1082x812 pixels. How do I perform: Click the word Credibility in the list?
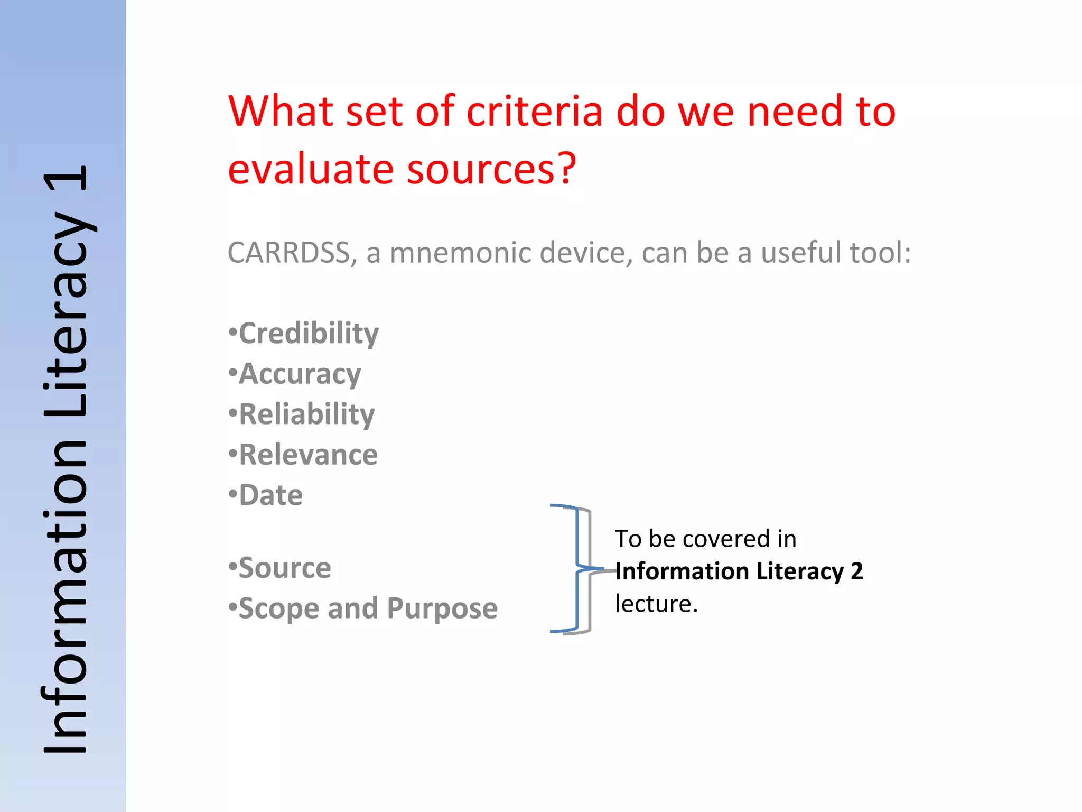[x=309, y=334]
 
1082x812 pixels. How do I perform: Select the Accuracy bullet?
[x=300, y=374]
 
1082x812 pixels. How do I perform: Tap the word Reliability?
[x=307, y=414]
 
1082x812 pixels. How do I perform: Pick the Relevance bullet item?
[x=309, y=455]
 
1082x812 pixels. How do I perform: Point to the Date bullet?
[x=270, y=495]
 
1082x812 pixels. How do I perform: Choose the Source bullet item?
[x=285, y=568]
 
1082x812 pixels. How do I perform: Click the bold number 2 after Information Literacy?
[x=856, y=571]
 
